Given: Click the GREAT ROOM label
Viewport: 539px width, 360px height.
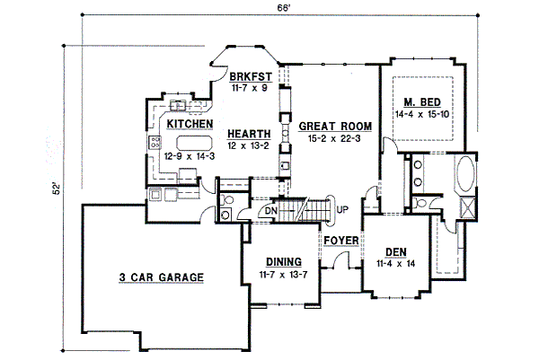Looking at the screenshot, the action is pyautogui.click(x=335, y=126).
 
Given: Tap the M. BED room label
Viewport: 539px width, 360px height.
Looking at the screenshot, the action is pyautogui.click(x=422, y=102).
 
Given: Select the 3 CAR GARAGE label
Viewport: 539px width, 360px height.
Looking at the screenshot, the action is pyautogui.click(x=161, y=277).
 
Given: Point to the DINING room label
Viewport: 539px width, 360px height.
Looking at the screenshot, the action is pyautogui.click(x=284, y=262).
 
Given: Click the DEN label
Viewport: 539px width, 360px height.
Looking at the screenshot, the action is pyautogui.click(x=396, y=252).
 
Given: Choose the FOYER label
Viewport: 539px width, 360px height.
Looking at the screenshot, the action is pyautogui.click(x=341, y=241).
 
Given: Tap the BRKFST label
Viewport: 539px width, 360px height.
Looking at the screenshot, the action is pyautogui.click(x=251, y=76).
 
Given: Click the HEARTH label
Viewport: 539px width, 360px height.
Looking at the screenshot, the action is pyautogui.click(x=249, y=134).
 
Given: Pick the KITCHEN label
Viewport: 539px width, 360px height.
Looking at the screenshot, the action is pyautogui.click(x=190, y=124).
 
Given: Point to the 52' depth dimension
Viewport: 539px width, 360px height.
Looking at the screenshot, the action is pyautogui.click(x=56, y=189).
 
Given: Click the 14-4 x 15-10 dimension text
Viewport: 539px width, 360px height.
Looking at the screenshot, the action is pyautogui.click(x=422, y=114).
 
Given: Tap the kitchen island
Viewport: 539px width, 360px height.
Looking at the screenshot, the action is pyautogui.click(x=194, y=143).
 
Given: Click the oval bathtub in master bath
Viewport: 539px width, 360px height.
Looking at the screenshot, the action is pyautogui.click(x=465, y=174).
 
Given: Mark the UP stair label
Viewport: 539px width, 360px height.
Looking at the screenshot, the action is pyautogui.click(x=342, y=209).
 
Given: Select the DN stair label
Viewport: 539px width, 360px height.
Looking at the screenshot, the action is pyautogui.click(x=271, y=210).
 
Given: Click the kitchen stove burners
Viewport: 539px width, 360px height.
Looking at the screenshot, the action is pyautogui.click(x=155, y=142).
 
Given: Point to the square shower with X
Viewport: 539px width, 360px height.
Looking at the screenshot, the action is pyautogui.click(x=468, y=207).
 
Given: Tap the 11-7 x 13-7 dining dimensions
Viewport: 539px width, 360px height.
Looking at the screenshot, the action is pyautogui.click(x=283, y=275).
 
